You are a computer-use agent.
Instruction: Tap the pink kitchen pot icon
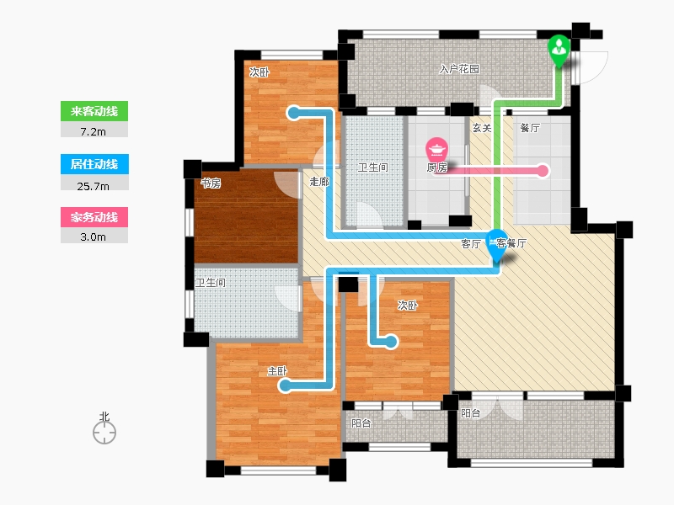[436, 149]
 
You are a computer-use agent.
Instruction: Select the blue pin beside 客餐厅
[497, 246]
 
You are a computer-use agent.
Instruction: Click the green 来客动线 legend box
[94, 111]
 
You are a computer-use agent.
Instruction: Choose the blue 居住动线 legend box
[94, 164]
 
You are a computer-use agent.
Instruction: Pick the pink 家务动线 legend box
[94, 217]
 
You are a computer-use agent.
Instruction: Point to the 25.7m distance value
[94, 186]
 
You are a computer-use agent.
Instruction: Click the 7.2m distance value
[94, 132]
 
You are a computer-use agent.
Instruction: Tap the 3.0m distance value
[94, 237]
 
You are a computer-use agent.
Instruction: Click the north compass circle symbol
[104, 433]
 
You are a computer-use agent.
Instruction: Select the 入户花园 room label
[459, 69]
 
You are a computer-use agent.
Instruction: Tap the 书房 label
[211, 183]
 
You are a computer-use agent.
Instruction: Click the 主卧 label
[277, 371]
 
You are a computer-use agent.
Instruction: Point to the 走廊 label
[319, 181]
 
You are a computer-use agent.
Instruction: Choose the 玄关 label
[482, 128]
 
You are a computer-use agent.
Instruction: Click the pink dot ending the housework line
[543, 171]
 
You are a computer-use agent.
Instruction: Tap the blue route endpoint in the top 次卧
[294, 114]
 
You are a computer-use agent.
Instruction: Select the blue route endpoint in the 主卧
[285, 385]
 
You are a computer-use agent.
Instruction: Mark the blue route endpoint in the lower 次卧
[391, 342]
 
